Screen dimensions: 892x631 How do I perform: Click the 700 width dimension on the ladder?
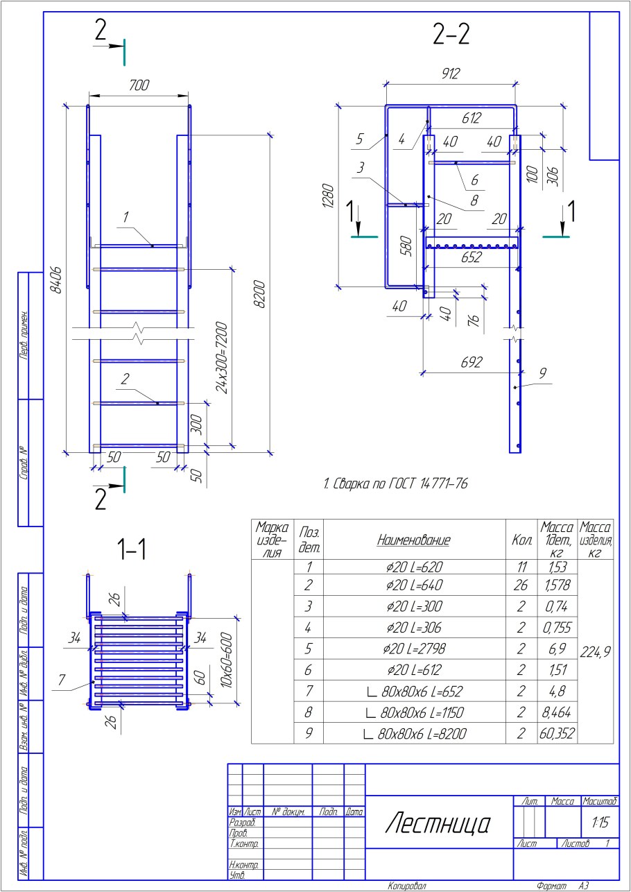click(139, 85)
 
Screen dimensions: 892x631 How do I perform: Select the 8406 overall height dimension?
click(57, 279)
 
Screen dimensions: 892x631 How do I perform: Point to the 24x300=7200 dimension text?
click(222, 357)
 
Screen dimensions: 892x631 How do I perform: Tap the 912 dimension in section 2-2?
click(451, 72)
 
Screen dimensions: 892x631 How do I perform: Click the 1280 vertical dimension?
click(328, 197)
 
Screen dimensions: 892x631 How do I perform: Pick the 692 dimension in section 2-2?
click(472, 362)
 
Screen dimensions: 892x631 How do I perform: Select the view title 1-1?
click(132, 549)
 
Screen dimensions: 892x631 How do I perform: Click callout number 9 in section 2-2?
click(542, 373)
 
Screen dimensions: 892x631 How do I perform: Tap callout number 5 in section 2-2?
click(358, 139)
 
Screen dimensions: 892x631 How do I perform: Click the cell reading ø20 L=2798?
click(414, 649)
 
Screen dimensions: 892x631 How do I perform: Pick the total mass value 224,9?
click(594, 651)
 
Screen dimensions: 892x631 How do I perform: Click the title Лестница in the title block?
click(438, 824)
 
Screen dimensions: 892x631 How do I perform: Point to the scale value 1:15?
click(600, 823)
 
